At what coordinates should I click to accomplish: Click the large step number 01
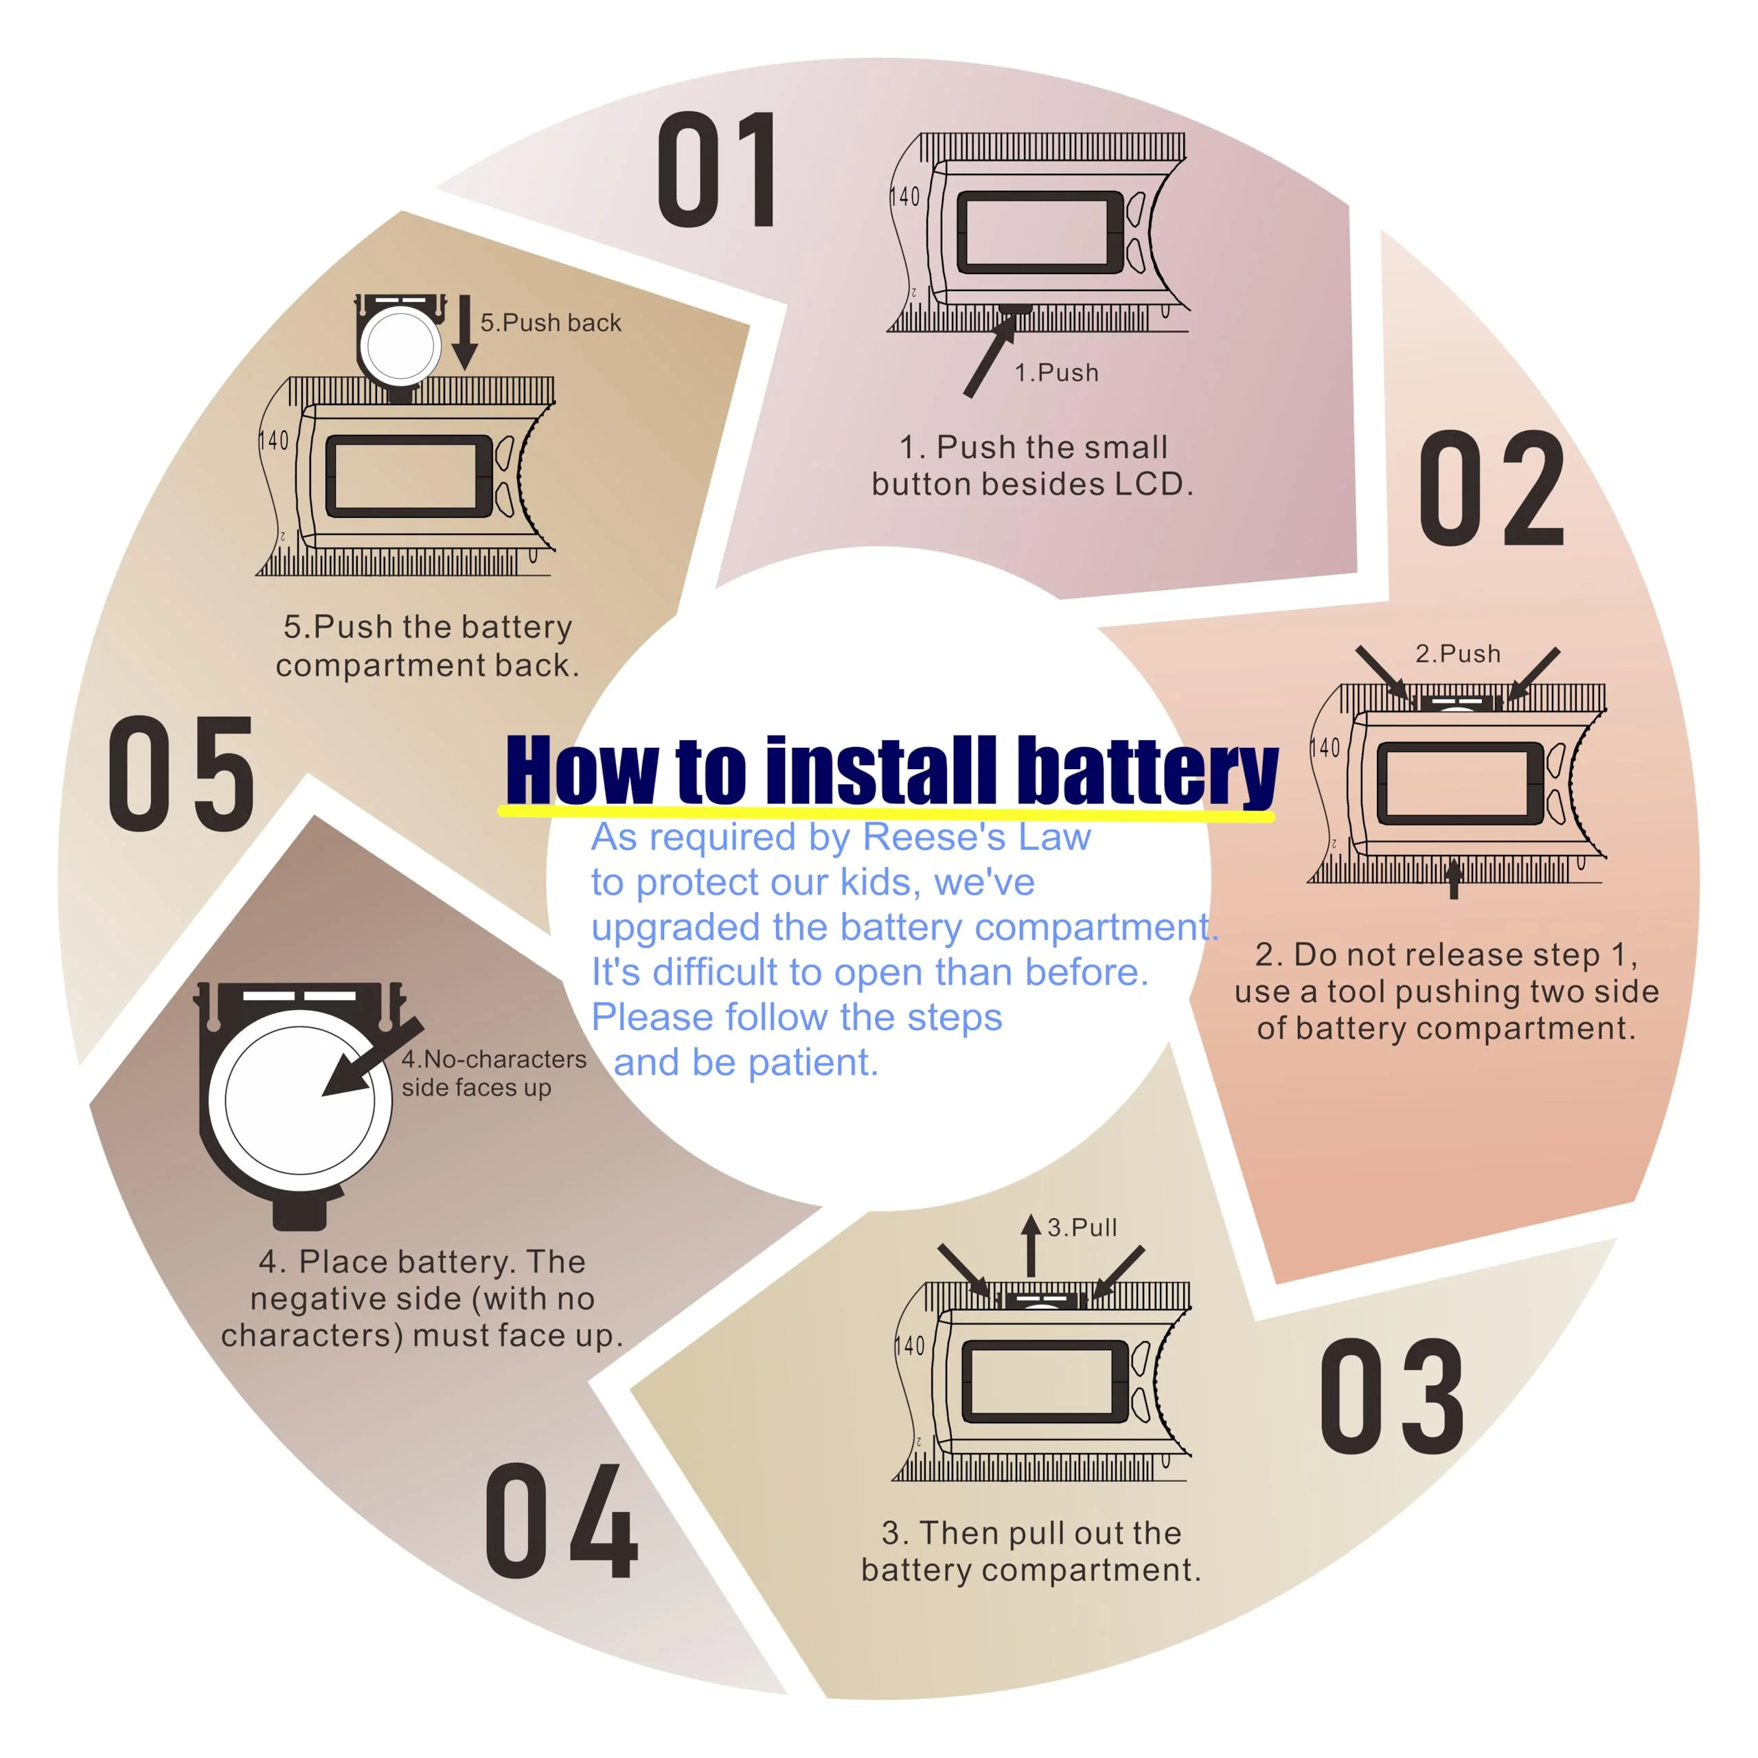(x=717, y=170)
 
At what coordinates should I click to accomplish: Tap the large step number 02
(x=1492, y=489)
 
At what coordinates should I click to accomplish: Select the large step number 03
(x=1392, y=1396)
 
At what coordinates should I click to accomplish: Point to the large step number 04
(x=562, y=1520)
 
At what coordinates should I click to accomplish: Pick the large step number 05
(x=182, y=773)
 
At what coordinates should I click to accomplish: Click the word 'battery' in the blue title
(x=1148, y=773)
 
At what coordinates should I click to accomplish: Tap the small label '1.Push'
(x=1056, y=372)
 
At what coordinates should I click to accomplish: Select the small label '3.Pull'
(x=1082, y=1227)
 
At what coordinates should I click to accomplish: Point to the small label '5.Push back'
(x=551, y=322)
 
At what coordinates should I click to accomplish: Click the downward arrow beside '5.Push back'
(x=465, y=332)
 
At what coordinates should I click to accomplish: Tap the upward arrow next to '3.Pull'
(x=1031, y=1245)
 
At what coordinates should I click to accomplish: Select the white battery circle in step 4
(x=300, y=1100)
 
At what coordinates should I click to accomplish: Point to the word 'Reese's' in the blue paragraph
(x=934, y=836)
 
